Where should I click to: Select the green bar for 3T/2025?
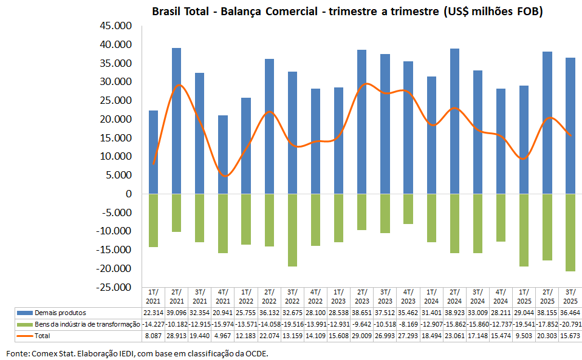tap(570, 233)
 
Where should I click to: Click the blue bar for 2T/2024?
tap(454, 121)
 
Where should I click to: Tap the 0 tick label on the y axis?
tap(128, 194)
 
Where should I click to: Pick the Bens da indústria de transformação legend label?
tap(80, 324)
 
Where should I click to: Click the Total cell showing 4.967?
tap(223, 336)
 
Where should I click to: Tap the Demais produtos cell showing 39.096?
tap(177, 313)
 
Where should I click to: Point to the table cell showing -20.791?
tap(570, 324)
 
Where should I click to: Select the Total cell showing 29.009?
tap(362, 336)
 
